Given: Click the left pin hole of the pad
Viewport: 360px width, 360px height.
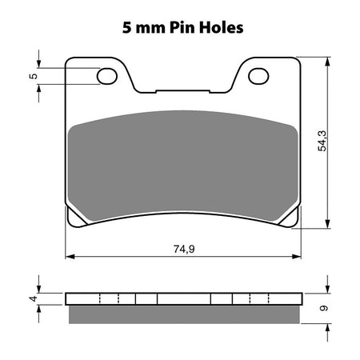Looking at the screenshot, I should point(106,76).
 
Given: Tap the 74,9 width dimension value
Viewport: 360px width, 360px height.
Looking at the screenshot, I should point(185,248).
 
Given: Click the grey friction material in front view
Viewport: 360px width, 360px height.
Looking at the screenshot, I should point(183,164).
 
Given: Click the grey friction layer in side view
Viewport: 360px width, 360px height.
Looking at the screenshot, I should point(183,314).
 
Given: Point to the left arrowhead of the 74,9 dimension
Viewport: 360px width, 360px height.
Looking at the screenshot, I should point(69,257).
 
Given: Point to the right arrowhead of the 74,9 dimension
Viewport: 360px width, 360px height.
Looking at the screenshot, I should point(298,257).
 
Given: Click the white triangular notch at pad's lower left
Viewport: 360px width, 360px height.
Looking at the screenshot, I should point(74,217).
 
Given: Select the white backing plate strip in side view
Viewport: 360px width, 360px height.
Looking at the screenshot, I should point(183,300).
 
